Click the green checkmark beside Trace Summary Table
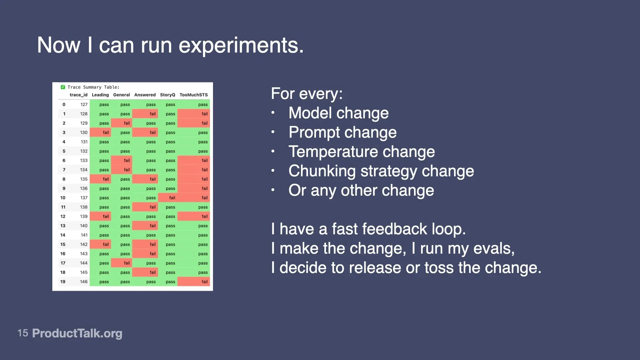coord(63,87)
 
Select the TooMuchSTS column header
coord(193,95)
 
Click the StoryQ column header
coord(167,95)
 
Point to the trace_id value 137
coord(84,198)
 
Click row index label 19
coord(63,282)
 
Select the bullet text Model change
coord(338,113)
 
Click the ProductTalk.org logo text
coord(77,333)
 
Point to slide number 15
coord(23,333)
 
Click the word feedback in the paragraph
coord(394,229)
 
